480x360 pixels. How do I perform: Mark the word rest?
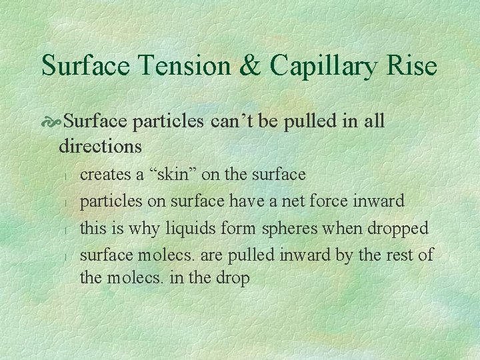pos(403,254)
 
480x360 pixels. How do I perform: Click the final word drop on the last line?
pos(233,278)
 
